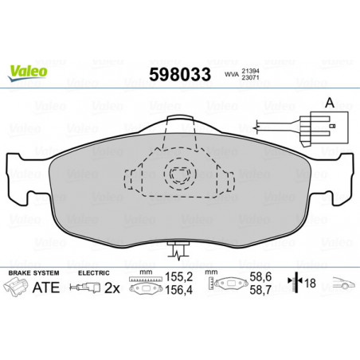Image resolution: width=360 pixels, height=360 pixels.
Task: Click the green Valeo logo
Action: (28, 73)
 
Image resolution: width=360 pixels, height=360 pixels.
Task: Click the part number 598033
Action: (180, 74)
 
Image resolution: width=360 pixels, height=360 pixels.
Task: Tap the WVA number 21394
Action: (250, 72)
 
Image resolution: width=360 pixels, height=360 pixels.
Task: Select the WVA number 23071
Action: (250, 77)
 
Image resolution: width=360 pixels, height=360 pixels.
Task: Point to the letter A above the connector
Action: (330, 103)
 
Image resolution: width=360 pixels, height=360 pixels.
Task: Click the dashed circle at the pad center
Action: (180, 174)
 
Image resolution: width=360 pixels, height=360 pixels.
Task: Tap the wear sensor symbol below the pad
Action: (178, 250)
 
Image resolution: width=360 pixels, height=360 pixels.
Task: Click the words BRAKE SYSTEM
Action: (33, 273)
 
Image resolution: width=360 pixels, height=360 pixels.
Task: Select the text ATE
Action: (46, 288)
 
